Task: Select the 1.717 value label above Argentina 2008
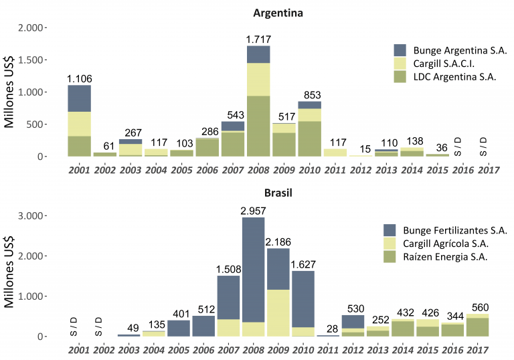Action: [x=258, y=39]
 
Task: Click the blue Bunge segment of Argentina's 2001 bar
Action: [x=79, y=98]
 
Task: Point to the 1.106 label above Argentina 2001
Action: [x=79, y=79]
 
